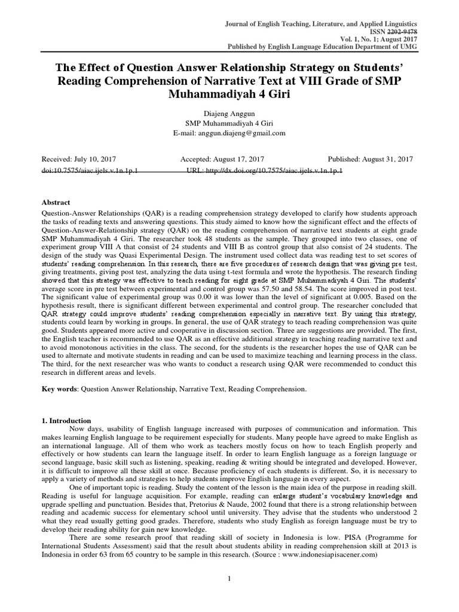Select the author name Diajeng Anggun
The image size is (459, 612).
pyautogui.click(x=229, y=112)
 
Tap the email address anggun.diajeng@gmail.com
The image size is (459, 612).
pyautogui.click(x=246, y=133)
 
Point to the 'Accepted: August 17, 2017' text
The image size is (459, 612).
pyautogui.click(x=222, y=160)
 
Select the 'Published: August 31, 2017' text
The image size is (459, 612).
pyautogui.click(x=371, y=160)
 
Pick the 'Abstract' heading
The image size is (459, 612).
pyautogui.click(x=56, y=203)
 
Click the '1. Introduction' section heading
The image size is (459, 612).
pyautogui.click(x=66, y=421)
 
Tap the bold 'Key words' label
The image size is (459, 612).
pyautogui.click(x=59, y=388)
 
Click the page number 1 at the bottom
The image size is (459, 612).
pyautogui.click(x=229, y=578)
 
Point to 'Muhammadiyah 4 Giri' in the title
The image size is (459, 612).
pyautogui.click(x=229, y=93)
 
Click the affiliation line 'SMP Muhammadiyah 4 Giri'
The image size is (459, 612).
pyautogui.click(x=229, y=123)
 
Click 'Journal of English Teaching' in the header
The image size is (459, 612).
pyautogui.click(x=271, y=23)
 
